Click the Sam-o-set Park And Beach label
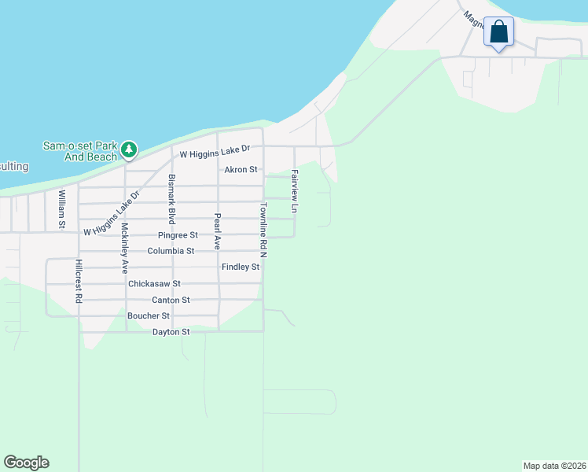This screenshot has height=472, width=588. tap(80, 150)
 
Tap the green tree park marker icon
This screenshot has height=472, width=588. tap(129, 149)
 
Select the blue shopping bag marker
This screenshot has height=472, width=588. tap(498, 33)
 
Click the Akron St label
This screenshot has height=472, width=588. tap(241, 170)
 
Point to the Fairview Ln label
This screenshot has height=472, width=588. tap(295, 191)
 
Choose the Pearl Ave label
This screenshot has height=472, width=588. tap(218, 230)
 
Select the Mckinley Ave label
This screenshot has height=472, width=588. tap(124, 249)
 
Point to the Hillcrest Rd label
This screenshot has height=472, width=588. tap(79, 281)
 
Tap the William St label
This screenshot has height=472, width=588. tap(61, 208)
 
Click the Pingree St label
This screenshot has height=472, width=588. tap(178, 235)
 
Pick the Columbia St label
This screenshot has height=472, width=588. tap(171, 251)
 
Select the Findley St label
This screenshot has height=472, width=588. tap(241, 267)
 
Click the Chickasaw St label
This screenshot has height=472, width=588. tap(154, 283)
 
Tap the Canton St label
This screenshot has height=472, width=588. tap(171, 300)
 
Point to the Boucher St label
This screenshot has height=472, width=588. tap(149, 315)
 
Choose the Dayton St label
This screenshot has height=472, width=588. tap(171, 332)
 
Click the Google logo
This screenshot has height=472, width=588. tap(26, 463)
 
